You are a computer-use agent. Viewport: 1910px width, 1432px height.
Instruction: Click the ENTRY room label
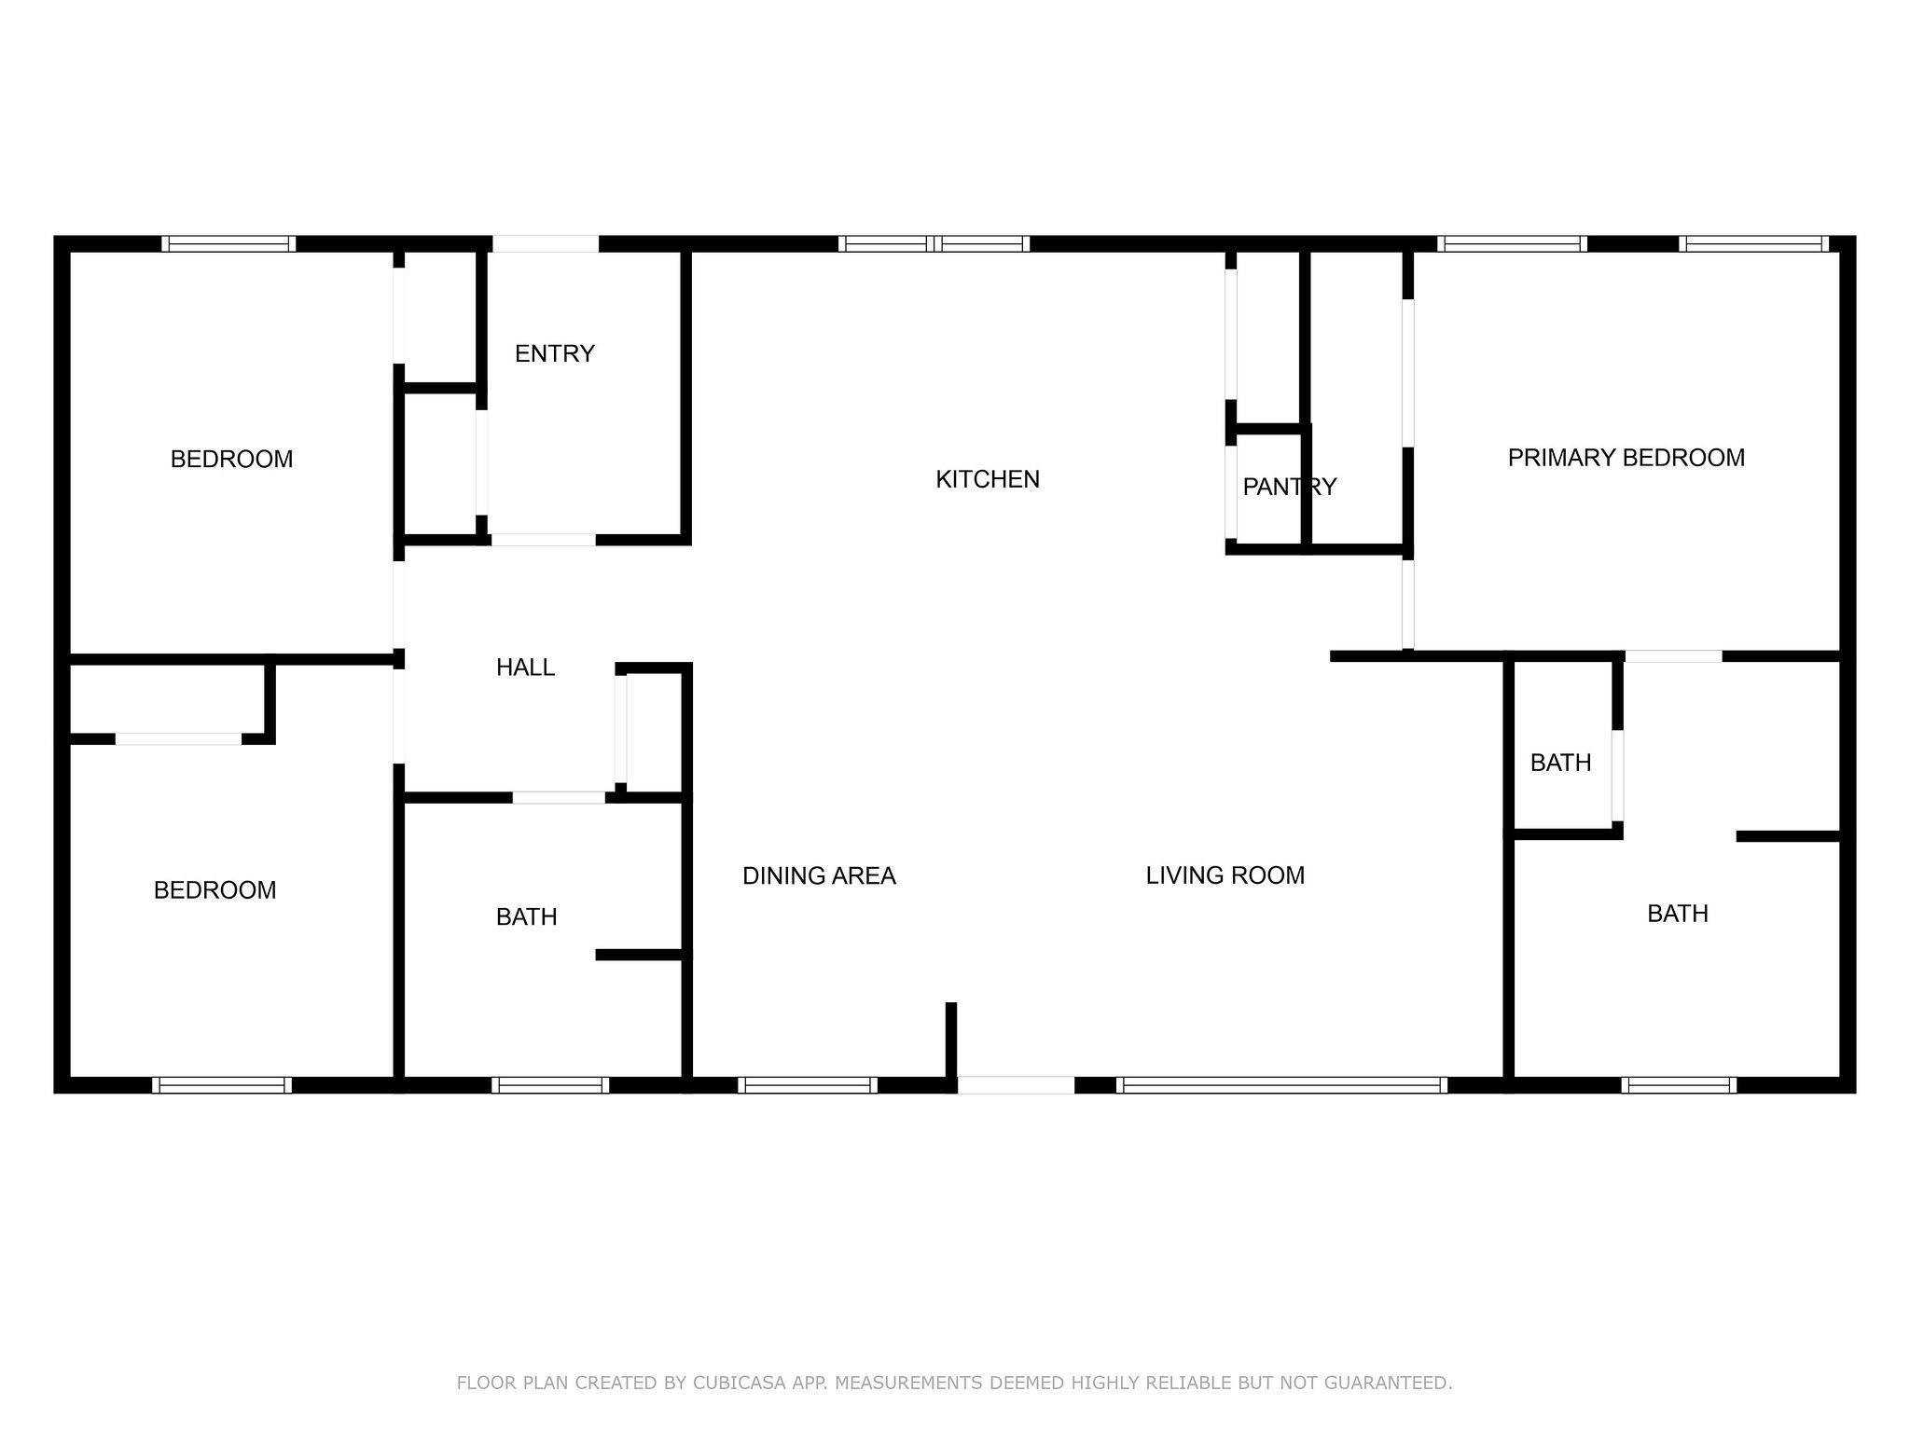555,353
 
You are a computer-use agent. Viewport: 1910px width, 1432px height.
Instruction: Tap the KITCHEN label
988,479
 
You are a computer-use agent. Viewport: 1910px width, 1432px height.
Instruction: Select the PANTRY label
1290,487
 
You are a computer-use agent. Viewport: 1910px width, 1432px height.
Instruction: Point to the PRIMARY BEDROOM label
1626,458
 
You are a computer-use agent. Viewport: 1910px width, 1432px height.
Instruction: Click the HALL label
525,668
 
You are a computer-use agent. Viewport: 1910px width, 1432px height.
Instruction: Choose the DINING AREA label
819,875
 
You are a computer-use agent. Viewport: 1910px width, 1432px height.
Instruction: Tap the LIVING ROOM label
1225,875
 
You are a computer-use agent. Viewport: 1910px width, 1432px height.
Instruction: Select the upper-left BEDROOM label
231,459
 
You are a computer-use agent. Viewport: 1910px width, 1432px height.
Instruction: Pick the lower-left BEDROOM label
215,890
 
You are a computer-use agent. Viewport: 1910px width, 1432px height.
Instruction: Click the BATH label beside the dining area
527,917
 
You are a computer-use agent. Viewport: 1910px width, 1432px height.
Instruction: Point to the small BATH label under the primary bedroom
1560,763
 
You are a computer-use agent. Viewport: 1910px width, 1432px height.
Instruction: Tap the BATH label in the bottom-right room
1678,914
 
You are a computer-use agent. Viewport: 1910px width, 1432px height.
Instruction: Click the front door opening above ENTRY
546,244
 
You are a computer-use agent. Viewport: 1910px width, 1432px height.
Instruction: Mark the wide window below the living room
1281,1085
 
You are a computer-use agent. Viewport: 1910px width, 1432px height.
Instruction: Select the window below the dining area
808,1085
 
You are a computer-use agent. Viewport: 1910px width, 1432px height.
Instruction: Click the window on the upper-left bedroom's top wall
228,244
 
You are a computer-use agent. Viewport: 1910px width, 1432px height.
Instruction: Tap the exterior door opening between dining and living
1016,1085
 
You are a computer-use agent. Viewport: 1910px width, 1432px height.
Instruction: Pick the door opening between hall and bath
559,797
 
